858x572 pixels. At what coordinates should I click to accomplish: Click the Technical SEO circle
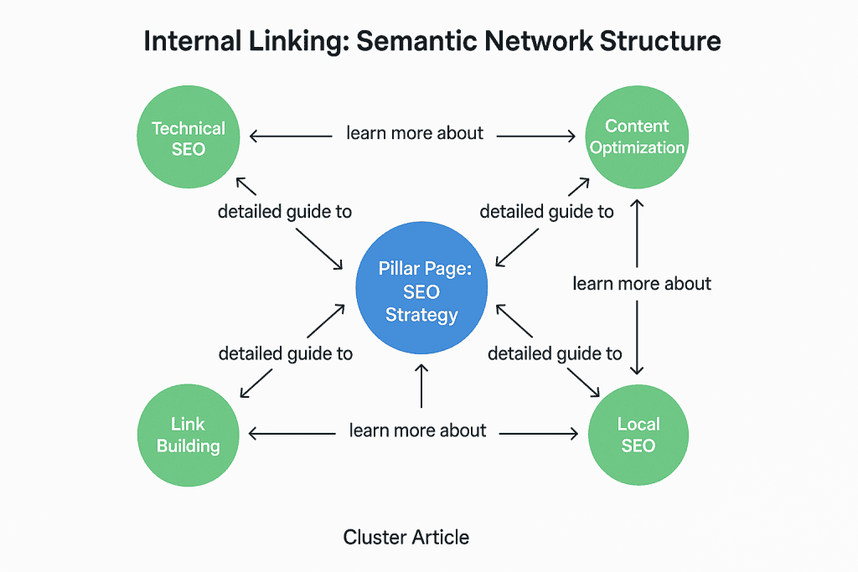point(189,137)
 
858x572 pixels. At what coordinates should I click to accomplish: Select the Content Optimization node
point(637,137)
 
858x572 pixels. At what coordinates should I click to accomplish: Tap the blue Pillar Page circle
point(421,287)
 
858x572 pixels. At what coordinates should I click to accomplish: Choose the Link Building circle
point(189,435)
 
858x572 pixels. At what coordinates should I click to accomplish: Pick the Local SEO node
point(638,435)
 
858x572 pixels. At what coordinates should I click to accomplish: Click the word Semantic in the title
point(416,42)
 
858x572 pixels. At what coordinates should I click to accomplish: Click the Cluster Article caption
point(406,538)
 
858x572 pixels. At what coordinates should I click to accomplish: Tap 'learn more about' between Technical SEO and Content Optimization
point(415,133)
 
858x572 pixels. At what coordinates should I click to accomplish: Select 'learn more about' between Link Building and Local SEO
point(417,430)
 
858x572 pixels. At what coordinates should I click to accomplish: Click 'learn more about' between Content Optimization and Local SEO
point(642,284)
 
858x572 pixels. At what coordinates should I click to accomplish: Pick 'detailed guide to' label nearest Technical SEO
point(285,212)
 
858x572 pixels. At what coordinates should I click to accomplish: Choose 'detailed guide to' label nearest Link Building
point(285,353)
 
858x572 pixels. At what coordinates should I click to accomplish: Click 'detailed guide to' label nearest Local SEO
point(555,353)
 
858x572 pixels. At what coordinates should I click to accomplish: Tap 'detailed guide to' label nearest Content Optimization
point(546,212)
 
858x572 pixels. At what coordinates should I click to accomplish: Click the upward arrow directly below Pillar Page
point(421,386)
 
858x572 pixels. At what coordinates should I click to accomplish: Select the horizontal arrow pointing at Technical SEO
point(291,137)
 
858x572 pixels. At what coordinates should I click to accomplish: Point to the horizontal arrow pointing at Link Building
point(292,434)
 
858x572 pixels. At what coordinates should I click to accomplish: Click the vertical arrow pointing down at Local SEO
point(637,338)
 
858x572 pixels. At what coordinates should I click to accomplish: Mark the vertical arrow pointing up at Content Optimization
point(637,234)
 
